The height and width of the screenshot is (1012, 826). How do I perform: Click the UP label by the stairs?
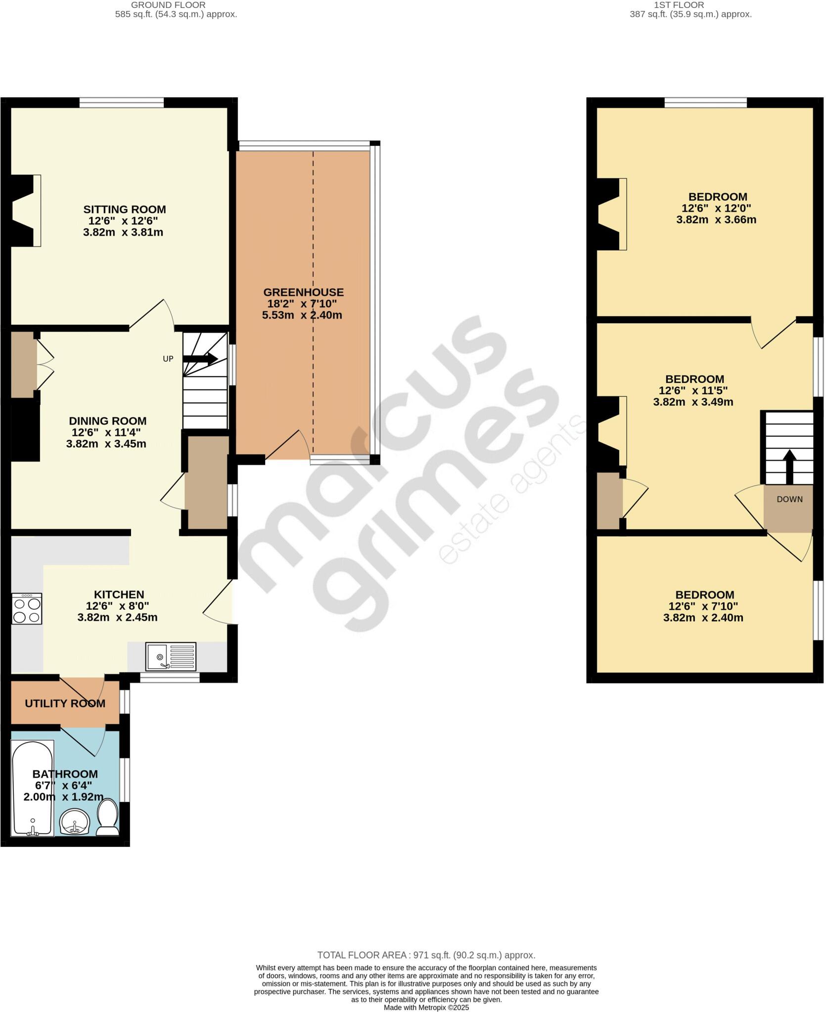tap(168, 359)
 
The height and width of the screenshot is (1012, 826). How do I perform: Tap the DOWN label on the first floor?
tap(789, 499)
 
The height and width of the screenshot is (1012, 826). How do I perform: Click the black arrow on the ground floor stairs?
tap(201, 359)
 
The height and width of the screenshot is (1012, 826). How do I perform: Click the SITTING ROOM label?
tap(124, 210)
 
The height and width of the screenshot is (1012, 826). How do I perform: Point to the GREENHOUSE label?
tap(303, 292)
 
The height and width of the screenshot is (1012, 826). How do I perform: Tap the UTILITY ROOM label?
tap(65, 703)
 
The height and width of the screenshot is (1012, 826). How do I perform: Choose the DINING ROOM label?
tap(107, 421)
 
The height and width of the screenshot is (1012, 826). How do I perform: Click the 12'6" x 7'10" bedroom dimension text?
tap(703, 606)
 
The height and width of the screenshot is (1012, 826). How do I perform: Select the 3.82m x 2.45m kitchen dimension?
tap(117, 617)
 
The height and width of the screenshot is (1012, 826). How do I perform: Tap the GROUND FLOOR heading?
tap(168, 5)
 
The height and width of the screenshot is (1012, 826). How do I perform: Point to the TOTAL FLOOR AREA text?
tap(426, 955)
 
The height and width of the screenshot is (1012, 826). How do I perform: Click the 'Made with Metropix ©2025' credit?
tap(426, 1008)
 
